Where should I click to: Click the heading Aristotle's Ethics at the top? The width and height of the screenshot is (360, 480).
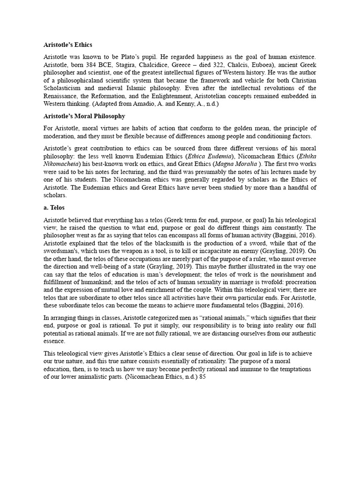[x=68, y=45]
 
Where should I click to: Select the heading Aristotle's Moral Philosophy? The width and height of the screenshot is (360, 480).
[x=84, y=116]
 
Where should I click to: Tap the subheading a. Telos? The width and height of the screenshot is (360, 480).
[x=54, y=207]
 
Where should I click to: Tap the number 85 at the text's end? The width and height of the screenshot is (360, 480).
[x=202, y=376]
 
